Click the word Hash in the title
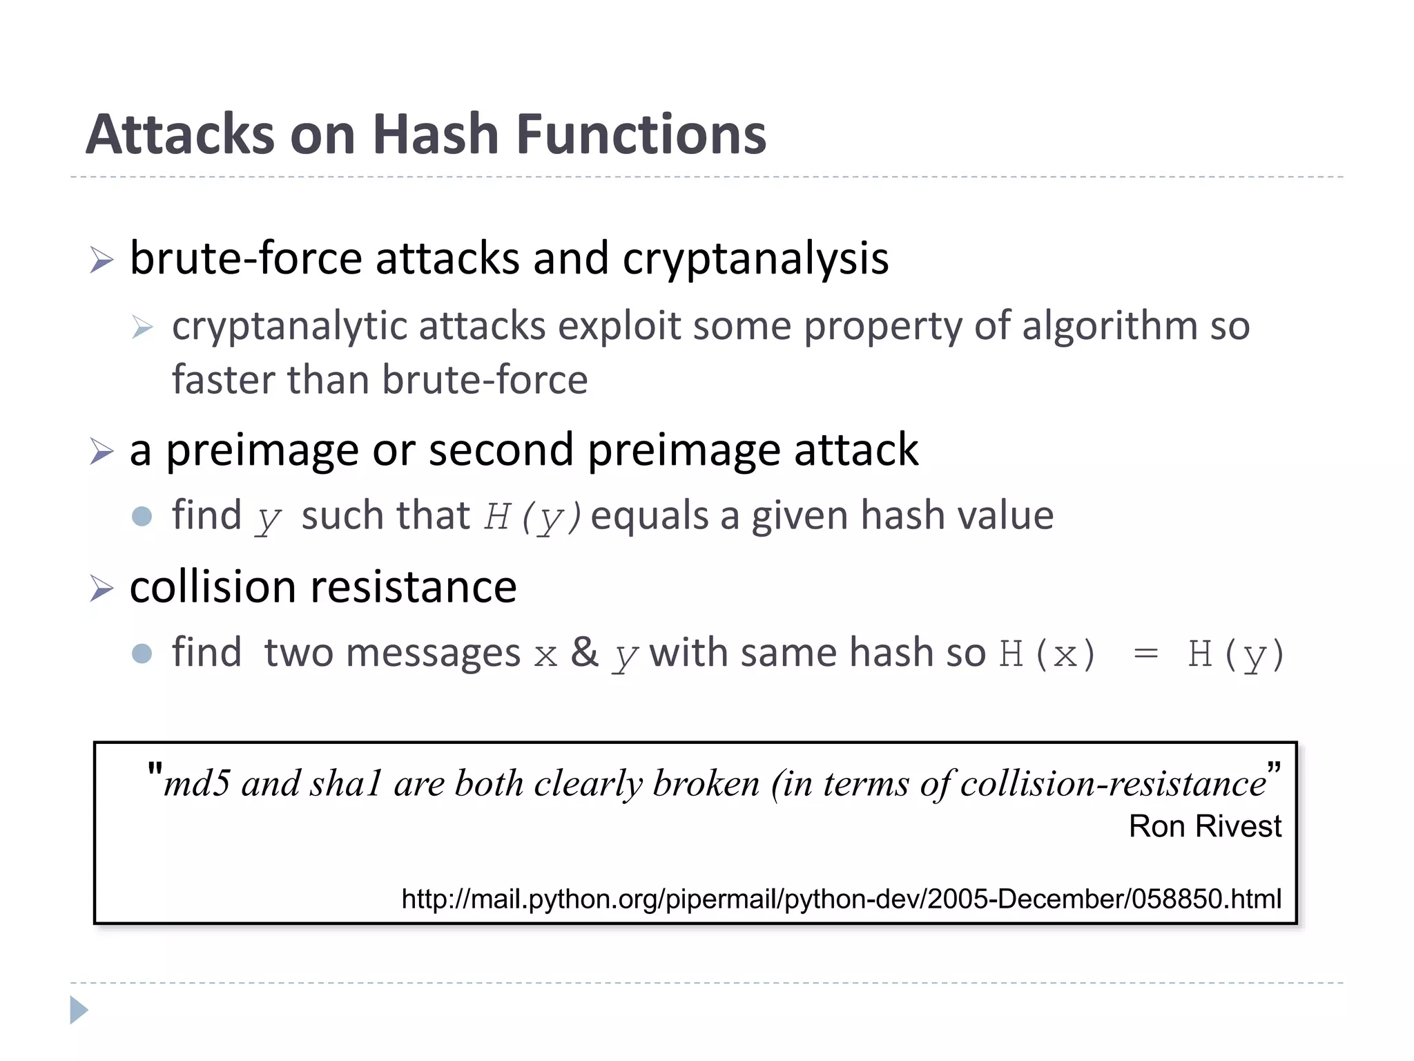tap(435, 134)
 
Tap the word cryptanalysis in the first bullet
tap(755, 259)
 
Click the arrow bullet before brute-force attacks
tap(101, 260)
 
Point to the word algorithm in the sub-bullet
tap(1110, 326)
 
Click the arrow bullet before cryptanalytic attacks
tap(142, 327)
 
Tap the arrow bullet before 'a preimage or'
tap(101, 452)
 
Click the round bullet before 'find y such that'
tap(142, 516)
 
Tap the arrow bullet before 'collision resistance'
tap(101, 589)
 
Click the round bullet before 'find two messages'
tap(142, 653)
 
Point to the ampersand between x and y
tap(584, 652)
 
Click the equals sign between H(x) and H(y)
tap(1145, 653)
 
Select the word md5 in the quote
tap(197, 784)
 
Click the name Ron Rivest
tap(1204, 826)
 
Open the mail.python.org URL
tap(841, 899)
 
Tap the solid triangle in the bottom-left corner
tap(79, 1010)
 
